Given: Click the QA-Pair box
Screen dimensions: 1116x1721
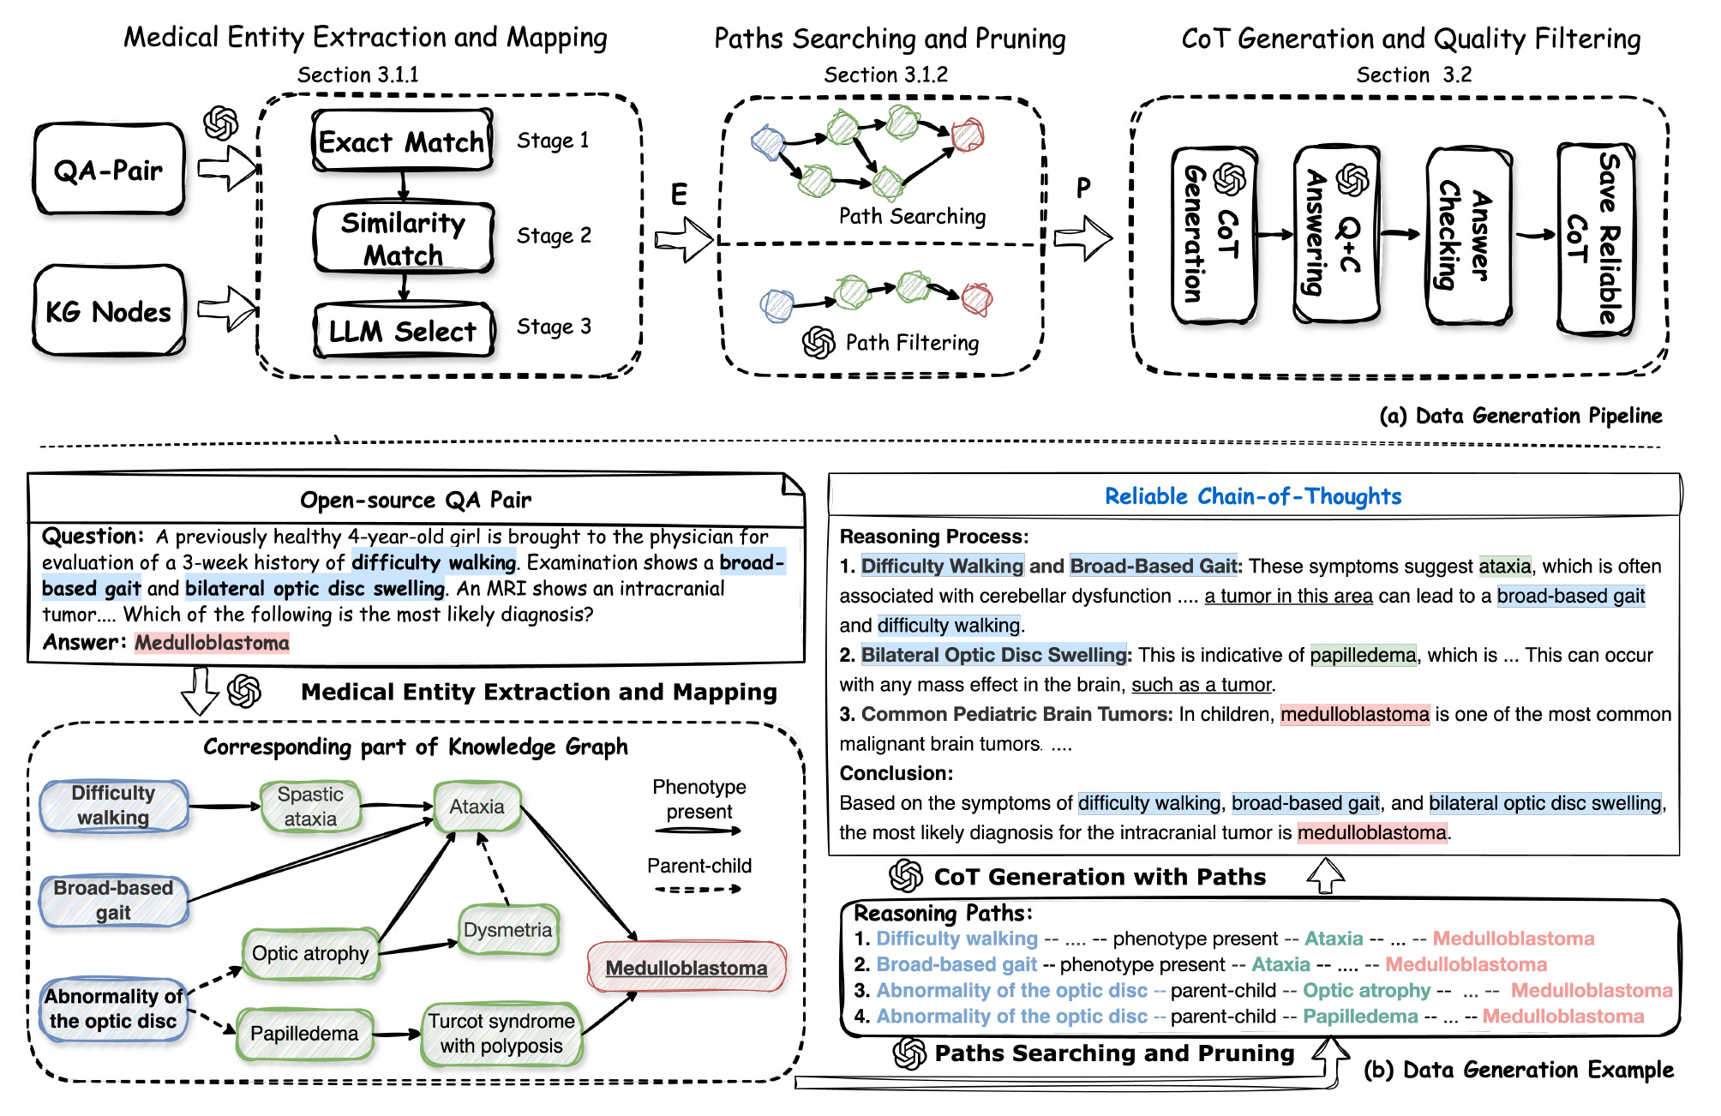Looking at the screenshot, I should point(109,170).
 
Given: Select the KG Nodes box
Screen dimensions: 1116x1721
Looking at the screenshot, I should point(109,311).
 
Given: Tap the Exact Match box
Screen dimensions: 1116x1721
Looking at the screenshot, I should point(402,141).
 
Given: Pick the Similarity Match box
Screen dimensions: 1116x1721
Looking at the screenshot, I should point(403,238).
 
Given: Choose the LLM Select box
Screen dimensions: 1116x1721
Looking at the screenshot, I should point(403,331).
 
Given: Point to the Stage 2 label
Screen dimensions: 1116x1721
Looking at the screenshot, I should point(554,236).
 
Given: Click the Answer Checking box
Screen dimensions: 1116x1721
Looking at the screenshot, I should point(1466,236).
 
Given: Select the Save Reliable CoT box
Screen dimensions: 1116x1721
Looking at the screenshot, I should point(1595,238).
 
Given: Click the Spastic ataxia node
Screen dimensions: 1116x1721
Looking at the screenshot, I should point(310,806).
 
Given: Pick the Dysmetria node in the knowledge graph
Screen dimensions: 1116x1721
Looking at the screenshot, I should point(508,930).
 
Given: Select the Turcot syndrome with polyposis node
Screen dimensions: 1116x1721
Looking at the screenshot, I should point(501,1033).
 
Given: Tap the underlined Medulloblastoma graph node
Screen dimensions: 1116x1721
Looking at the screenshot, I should point(687,968).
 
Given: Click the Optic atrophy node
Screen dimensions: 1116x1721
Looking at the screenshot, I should point(310,953).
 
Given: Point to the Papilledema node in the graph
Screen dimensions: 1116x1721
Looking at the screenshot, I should point(304,1033).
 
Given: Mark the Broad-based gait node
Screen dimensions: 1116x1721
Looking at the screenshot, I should point(113,899).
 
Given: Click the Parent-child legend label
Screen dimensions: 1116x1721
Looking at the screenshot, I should point(699,866).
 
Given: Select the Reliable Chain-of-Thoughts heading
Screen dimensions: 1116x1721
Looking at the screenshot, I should point(1252,496).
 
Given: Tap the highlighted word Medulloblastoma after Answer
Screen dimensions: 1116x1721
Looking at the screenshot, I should point(212,643).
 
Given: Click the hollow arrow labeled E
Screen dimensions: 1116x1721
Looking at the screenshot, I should point(683,237).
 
